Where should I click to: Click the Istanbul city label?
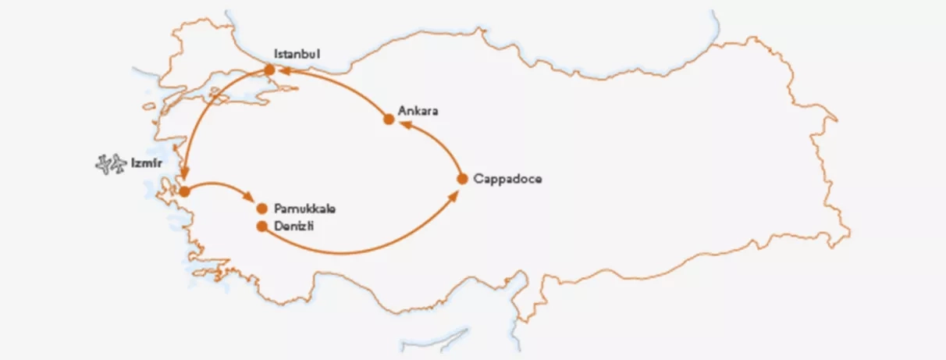[297, 55]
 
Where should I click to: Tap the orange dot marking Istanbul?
[270, 70]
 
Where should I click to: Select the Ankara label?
[418, 111]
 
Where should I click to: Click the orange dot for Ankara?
[389, 119]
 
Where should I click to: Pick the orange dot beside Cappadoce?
[461, 179]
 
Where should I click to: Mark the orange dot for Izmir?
[184, 191]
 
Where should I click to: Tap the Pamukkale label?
[305, 209]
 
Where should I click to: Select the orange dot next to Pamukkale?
[262, 209]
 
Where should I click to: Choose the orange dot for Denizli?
[262, 226]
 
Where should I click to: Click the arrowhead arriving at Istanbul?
[285, 72]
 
